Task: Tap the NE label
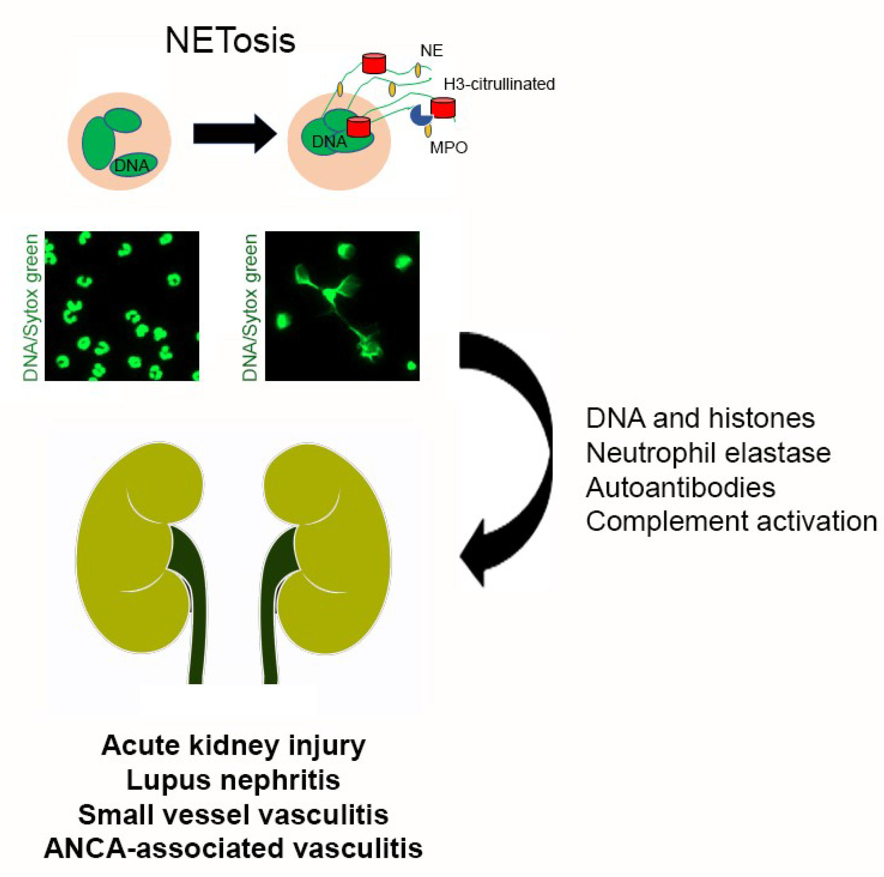point(431,50)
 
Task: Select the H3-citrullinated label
point(499,84)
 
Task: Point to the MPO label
point(448,148)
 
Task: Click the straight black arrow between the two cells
point(234,134)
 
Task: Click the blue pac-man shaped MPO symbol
point(420,115)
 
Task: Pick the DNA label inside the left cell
point(131,166)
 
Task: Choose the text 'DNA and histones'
point(700,418)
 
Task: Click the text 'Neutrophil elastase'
point(708,453)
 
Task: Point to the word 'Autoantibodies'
point(680,487)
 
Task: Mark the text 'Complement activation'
point(731,521)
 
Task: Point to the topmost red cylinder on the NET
point(374,63)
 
